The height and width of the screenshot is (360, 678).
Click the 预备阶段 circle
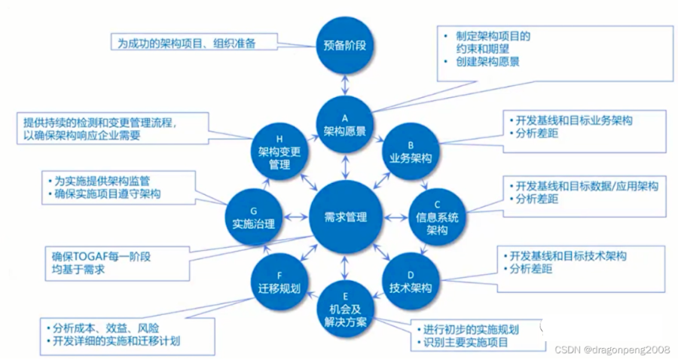coord(344,45)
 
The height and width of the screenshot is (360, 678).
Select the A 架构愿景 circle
coord(344,125)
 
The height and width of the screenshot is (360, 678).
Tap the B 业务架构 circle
coord(411,151)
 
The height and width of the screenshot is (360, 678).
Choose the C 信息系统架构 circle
coord(437,217)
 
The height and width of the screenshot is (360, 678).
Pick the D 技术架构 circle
coord(411,282)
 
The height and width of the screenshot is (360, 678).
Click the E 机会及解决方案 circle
coord(345,309)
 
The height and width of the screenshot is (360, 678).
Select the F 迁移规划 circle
coord(279,282)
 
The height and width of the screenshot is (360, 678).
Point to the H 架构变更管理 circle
coord(279,151)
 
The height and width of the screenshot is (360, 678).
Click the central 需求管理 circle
coord(346,217)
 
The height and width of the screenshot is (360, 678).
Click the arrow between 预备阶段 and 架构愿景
coord(344,85)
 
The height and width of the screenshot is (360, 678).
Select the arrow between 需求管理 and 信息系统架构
coord(395,218)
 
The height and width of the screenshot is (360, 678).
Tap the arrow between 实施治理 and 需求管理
coord(295,218)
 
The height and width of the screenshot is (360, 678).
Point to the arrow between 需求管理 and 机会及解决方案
coord(344,267)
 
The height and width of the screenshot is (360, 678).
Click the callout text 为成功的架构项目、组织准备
coord(187,43)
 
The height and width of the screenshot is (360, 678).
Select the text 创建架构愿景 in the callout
coord(487,62)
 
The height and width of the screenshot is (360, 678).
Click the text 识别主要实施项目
coord(466,343)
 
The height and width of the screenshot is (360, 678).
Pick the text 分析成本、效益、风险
coord(105,328)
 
